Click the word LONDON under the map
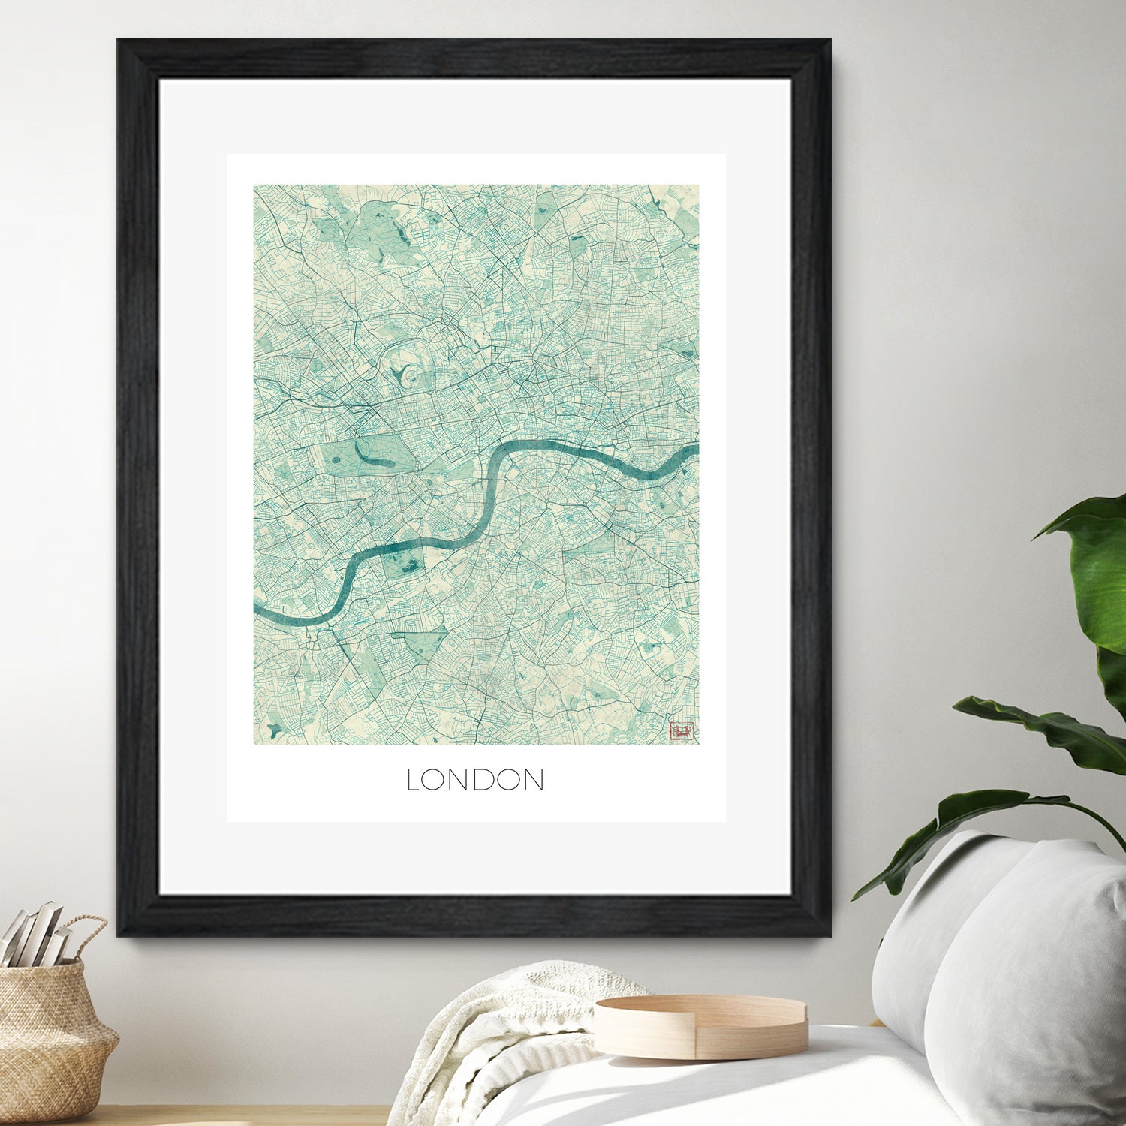[x=475, y=780]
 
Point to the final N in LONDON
[x=533, y=780]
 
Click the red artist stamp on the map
[x=682, y=729]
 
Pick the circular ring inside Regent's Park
[x=406, y=374]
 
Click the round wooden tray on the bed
[x=700, y=1025]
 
